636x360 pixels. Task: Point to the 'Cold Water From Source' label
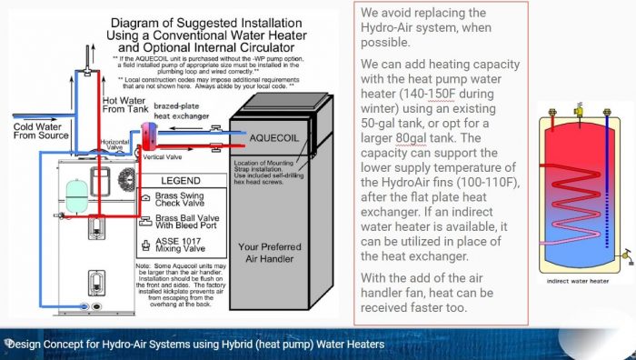(x=41, y=131)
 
